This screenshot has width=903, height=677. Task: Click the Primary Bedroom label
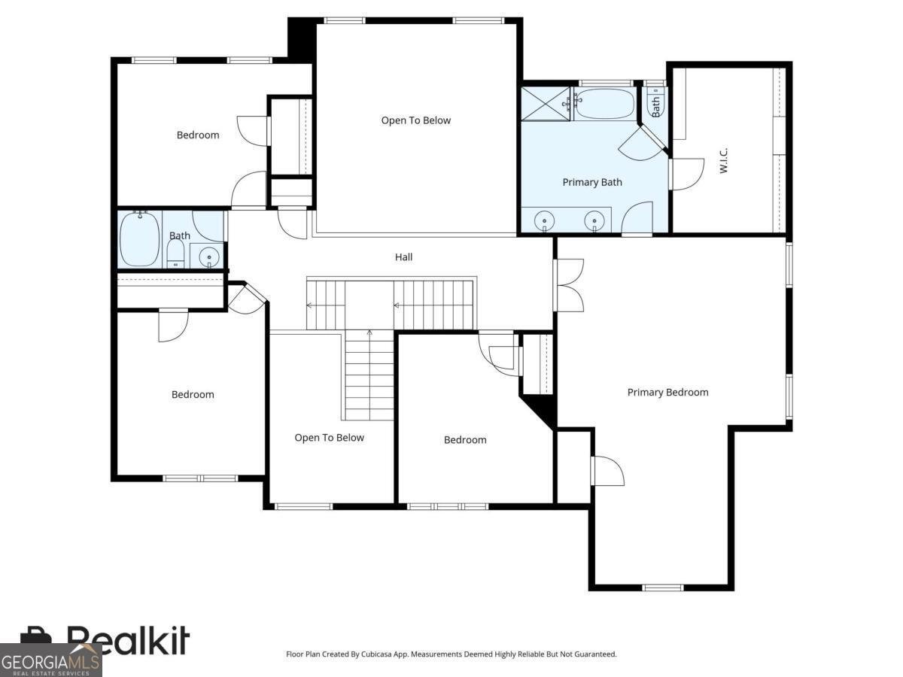[667, 392]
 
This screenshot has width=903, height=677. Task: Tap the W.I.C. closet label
[724, 160]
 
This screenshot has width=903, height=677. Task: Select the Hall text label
[403, 257]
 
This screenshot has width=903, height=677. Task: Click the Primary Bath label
[592, 182]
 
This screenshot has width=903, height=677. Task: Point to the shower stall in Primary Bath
[546, 104]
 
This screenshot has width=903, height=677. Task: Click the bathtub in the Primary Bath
[605, 104]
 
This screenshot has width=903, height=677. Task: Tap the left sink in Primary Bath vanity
[544, 220]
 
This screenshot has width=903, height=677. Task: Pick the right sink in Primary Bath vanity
[594, 220]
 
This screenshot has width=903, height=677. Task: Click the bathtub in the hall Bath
[139, 238]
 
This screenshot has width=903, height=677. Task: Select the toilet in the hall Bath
[175, 253]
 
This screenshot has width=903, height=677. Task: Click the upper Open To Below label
[416, 120]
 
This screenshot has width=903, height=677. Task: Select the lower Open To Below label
[329, 437]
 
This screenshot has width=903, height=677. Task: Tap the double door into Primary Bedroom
[569, 285]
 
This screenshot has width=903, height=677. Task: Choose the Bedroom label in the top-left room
[198, 135]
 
